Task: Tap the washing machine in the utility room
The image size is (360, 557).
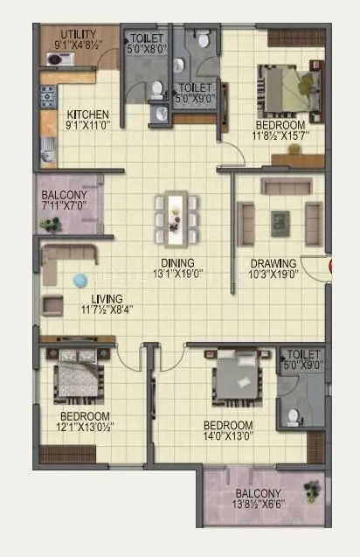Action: tap(55, 59)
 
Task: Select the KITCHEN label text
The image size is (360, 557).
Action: tap(87, 115)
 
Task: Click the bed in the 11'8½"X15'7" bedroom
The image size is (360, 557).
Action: tap(287, 87)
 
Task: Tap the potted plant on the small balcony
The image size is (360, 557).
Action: tap(51, 224)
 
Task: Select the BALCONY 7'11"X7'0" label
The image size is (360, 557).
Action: tap(64, 198)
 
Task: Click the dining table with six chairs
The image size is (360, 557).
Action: tap(176, 217)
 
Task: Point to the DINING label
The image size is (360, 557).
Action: tap(177, 262)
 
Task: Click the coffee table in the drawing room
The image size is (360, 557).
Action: tap(280, 222)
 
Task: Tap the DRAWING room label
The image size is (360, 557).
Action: tap(273, 263)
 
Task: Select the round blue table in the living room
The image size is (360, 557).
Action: tap(80, 281)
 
